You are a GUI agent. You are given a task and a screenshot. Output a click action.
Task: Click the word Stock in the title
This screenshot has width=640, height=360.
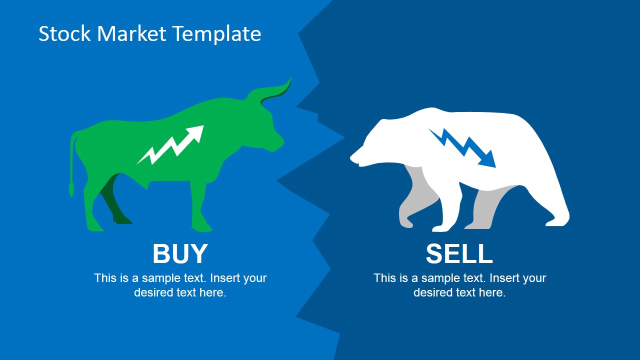point(64,33)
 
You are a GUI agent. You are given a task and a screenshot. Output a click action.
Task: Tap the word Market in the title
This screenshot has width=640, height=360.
point(131,33)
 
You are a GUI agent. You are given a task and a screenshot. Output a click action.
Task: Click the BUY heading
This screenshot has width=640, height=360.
point(180,253)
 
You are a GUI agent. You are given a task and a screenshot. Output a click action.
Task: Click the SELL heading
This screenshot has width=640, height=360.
point(459,253)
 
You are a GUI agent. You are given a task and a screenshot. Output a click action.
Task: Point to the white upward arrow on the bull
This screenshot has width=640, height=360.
point(170,145)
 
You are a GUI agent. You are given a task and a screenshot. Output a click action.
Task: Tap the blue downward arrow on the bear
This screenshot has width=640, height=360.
point(462,147)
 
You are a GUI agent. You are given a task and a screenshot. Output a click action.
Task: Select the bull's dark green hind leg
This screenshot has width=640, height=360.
point(114,200)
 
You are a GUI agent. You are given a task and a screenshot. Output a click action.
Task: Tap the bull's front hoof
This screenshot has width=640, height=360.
point(202,226)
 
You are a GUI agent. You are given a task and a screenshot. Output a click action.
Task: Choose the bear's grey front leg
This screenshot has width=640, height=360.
point(417,197)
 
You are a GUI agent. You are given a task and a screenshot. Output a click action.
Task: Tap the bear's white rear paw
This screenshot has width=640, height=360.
point(557,219)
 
